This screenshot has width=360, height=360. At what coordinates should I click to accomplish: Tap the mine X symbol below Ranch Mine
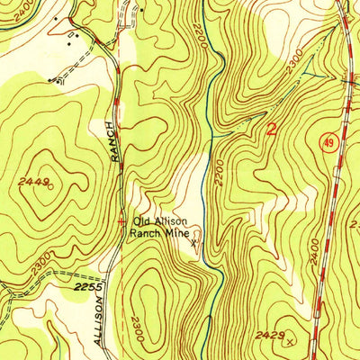193,241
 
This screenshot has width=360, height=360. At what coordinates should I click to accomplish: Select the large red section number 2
272,129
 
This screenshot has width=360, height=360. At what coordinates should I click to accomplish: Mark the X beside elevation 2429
288,342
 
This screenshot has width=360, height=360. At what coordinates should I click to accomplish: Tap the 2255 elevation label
84,286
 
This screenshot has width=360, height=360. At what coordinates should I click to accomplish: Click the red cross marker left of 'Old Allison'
122,220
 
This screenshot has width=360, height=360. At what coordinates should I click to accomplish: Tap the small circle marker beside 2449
50,186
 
